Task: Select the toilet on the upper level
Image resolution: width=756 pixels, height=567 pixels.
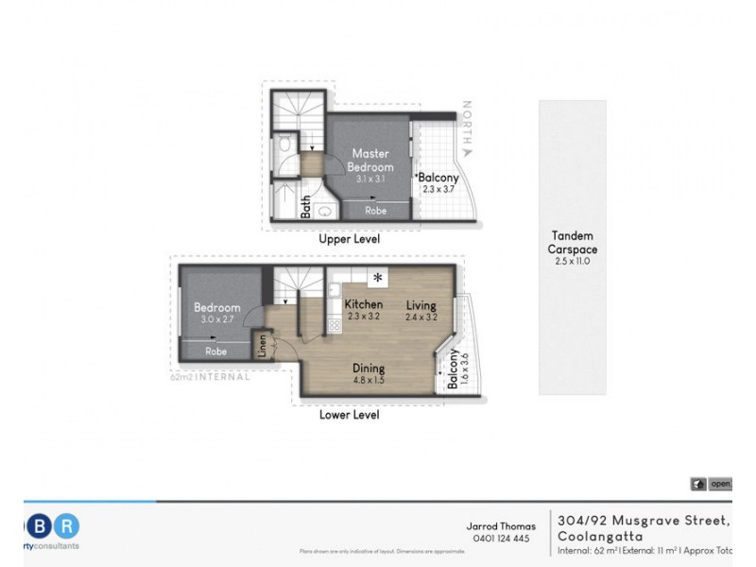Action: click(286, 147)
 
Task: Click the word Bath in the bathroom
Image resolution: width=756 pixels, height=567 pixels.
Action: click(306, 207)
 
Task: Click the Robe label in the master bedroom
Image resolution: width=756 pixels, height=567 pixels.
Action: click(374, 212)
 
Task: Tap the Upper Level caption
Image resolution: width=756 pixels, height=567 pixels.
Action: click(349, 240)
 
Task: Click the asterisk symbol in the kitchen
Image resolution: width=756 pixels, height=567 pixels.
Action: click(378, 278)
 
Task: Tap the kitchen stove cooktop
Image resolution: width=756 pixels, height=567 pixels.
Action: click(334, 324)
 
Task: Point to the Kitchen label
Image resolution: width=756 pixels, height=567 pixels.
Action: click(363, 304)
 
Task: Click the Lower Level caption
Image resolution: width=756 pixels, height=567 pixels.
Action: click(349, 415)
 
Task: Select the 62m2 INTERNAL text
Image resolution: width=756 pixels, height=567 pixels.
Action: click(210, 376)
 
